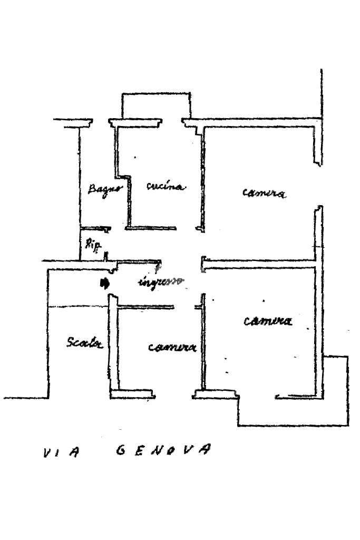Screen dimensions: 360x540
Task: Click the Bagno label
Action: pyautogui.click(x=105, y=188)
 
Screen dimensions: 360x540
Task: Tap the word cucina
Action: pyautogui.click(x=166, y=187)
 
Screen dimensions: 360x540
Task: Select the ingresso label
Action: pyautogui.click(x=161, y=281)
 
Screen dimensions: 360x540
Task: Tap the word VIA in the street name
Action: pyautogui.click(x=60, y=452)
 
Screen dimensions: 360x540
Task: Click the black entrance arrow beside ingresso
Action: pyautogui.click(x=104, y=283)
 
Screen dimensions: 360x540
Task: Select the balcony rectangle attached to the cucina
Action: pyautogui.click(x=155, y=106)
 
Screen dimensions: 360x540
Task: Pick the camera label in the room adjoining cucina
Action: pyautogui.click(x=264, y=193)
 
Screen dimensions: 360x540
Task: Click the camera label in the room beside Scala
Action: pyautogui.click(x=172, y=347)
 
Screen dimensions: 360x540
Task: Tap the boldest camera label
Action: pyautogui.click(x=268, y=321)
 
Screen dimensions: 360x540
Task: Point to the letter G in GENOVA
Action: pyautogui.click(x=120, y=450)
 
